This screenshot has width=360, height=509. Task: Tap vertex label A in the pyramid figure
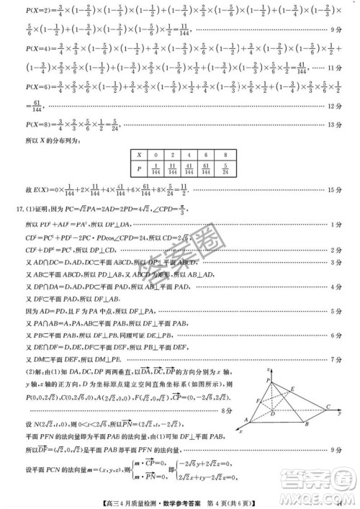[x=246, y=420]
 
